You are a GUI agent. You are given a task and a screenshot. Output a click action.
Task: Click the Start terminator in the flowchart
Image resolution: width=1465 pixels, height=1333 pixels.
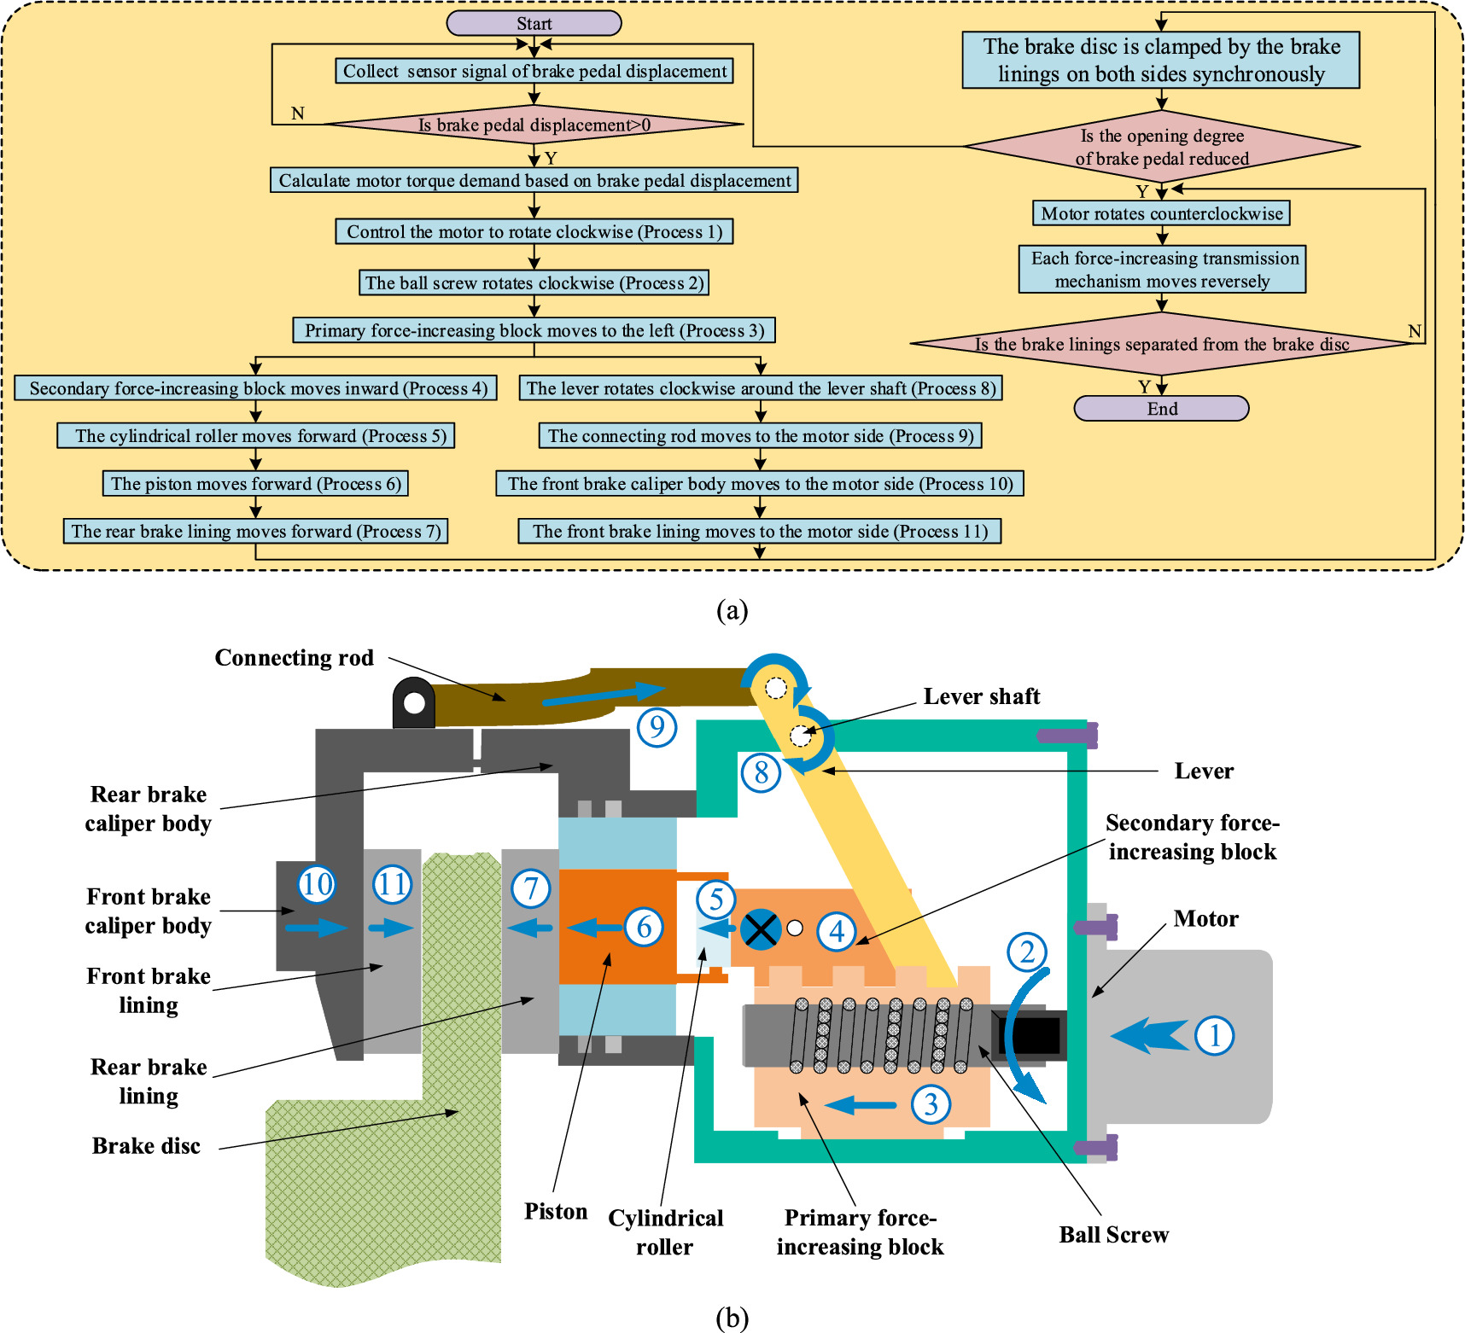534,23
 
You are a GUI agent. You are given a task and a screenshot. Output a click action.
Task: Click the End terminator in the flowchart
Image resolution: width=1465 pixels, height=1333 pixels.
1161,409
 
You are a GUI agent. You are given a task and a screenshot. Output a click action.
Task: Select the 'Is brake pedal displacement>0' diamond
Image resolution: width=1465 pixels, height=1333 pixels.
534,125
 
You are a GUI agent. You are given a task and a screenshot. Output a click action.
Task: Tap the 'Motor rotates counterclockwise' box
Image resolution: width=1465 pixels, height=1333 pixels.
1161,213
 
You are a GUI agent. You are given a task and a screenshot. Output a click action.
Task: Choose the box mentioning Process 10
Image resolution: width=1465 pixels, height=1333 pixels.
760,484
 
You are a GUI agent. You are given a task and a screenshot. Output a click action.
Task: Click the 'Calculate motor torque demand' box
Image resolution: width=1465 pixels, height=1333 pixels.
534,180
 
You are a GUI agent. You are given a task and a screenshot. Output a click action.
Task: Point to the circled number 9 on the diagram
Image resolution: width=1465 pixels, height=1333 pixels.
657,727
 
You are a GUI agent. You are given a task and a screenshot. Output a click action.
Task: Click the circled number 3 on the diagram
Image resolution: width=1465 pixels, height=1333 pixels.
931,1104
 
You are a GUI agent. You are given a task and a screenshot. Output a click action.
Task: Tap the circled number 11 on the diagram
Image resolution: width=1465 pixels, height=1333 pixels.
393,884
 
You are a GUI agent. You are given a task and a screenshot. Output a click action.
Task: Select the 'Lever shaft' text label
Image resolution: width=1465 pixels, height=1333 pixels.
982,696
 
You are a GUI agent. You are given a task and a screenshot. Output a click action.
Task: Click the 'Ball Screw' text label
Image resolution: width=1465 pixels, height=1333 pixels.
1113,1235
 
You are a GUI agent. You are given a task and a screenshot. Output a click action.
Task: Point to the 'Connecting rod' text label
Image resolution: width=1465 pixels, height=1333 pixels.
294,658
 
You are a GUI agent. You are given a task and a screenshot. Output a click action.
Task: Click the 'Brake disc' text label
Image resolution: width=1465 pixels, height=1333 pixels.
146,1146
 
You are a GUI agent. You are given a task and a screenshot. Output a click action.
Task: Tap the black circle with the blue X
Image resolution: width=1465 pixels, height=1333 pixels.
760,929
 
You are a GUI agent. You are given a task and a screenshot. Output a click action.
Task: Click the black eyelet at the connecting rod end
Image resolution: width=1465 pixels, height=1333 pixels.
415,703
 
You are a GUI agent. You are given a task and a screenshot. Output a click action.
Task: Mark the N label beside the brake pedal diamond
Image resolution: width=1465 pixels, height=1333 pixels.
297,114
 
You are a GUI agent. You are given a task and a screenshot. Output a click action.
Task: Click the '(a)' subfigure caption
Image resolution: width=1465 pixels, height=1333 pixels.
732,610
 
